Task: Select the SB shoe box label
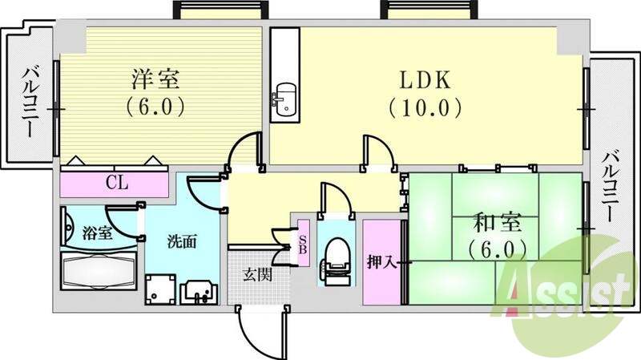[x=304, y=241]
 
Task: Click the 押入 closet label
[x=379, y=262]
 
